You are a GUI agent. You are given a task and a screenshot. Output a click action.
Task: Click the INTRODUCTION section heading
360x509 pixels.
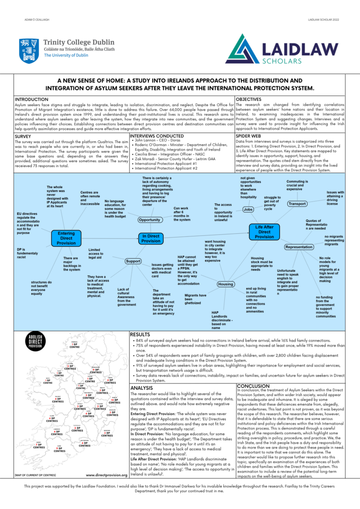tap(32, 99)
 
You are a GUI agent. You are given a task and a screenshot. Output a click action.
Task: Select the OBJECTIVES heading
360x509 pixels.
tap(248, 99)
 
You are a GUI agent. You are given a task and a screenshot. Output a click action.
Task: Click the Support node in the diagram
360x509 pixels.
tap(133, 261)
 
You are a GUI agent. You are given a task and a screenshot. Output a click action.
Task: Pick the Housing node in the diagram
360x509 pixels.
tap(226, 284)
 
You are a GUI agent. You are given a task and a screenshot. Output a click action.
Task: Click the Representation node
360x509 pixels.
tap(298, 247)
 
